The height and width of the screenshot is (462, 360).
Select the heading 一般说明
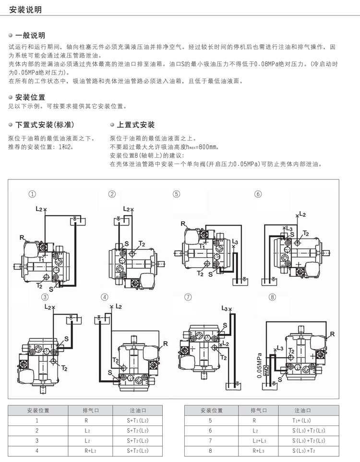(30, 36)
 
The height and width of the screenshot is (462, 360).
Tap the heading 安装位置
(30, 97)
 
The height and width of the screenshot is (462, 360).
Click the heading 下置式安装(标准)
(45, 125)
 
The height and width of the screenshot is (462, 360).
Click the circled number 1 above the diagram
(32, 194)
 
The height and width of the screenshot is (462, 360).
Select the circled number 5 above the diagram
(177, 194)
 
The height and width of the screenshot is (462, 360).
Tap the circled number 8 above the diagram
(273, 297)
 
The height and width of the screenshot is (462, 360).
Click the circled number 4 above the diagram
(105, 297)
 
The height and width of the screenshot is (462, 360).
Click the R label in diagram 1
(22, 237)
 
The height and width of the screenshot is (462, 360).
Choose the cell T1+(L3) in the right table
(303, 420)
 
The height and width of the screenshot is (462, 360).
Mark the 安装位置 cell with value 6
(210, 430)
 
